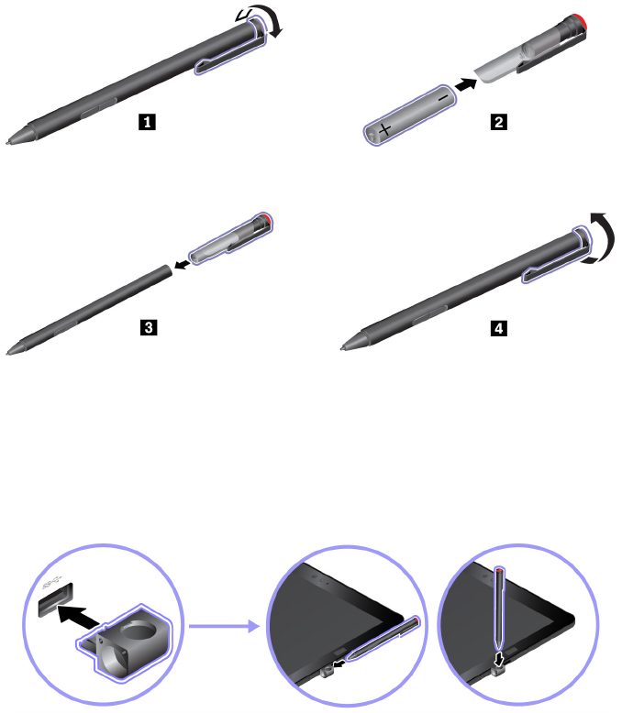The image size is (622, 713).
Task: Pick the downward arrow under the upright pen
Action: [498, 658]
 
